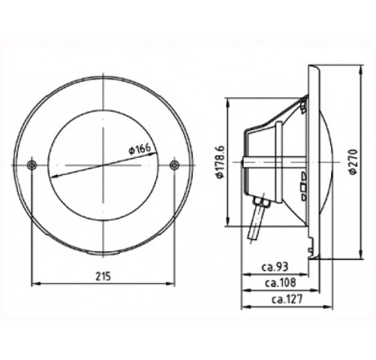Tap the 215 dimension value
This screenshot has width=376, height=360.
101,275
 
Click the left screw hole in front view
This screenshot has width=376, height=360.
31,166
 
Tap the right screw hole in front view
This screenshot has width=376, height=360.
173,166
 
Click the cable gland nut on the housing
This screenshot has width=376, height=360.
262,199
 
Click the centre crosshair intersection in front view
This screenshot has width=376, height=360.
102,166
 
